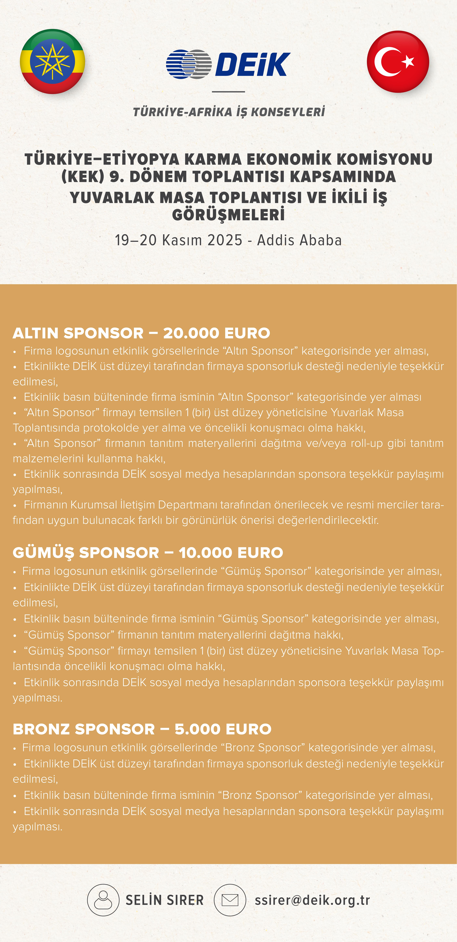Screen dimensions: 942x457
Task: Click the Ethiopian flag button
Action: click(52, 61)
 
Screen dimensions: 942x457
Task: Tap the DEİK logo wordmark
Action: click(252, 64)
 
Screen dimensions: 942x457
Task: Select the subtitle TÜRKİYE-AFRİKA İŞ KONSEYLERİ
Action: click(229, 112)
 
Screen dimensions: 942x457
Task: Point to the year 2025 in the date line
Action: click(225, 240)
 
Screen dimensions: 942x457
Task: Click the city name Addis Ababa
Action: click(299, 240)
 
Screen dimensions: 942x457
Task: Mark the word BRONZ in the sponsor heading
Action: click(41, 729)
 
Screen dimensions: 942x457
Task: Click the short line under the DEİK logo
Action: click(228, 91)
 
